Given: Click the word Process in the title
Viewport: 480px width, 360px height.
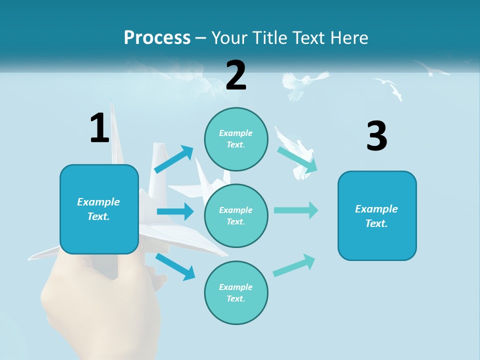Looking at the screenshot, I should [157, 37].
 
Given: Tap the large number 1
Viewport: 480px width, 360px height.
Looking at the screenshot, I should [99, 128].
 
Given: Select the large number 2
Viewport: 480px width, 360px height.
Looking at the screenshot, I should [236, 75].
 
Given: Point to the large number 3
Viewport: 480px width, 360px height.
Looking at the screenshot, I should [376, 136].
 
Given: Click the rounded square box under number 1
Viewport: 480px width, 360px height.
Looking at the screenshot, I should [99, 209].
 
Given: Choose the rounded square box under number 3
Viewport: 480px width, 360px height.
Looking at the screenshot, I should [377, 215].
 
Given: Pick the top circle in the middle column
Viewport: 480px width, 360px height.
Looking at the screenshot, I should [236, 139].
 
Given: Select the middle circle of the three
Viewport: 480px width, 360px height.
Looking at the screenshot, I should [236, 215].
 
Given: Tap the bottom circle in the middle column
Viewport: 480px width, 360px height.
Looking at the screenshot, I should [236, 292].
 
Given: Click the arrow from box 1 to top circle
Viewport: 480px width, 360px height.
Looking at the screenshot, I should [173, 159].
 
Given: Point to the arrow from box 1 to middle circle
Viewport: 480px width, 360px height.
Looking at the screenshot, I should [175, 211].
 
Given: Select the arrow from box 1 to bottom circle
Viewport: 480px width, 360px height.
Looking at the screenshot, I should [175, 266].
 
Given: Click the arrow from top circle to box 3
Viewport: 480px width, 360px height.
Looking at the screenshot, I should [297, 160].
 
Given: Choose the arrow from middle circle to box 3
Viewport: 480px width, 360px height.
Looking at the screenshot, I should [296, 210].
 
